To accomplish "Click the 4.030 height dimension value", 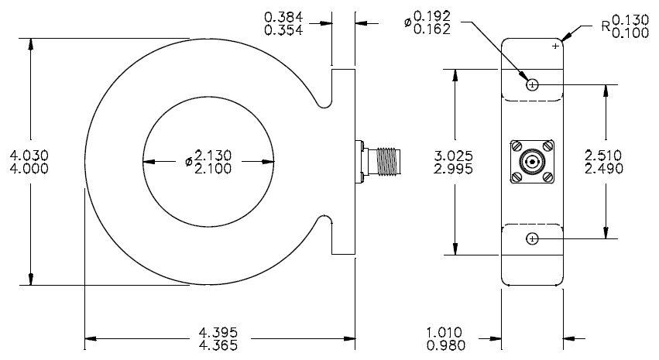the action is pyautogui.click(x=29, y=156).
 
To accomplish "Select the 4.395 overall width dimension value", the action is pyautogui.click(x=218, y=333).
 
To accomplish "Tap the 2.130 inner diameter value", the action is pyautogui.click(x=213, y=156).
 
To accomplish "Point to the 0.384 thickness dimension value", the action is pyautogui.click(x=283, y=17).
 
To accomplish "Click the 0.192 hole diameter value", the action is pyautogui.click(x=432, y=16).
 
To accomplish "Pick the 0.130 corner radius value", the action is pyautogui.click(x=630, y=20).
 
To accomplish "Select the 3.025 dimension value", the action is pyautogui.click(x=454, y=156).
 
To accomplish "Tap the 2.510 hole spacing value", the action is pyautogui.click(x=603, y=156).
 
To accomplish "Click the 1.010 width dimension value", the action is pyautogui.click(x=444, y=333).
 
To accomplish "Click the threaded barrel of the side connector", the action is pyautogui.click(x=388, y=161).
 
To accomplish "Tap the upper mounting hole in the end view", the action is pyautogui.click(x=532, y=85).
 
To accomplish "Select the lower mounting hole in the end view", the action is pyautogui.click(x=532, y=239).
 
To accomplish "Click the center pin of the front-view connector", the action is pyautogui.click(x=533, y=162).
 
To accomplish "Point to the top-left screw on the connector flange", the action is pyautogui.click(x=517, y=146).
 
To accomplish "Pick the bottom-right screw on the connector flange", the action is pyautogui.click(x=547, y=177).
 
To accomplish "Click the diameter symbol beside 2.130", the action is pyautogui.click(x=189, y=161).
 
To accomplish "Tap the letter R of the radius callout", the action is pyautogui.click(x=606, y=26).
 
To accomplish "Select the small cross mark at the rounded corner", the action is pyautogui.click(x=555, y=46).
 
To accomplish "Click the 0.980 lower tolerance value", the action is pyautogui.click(x=446, y=346).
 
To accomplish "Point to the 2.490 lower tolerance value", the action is pyautogui.click(x=604, y=169).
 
